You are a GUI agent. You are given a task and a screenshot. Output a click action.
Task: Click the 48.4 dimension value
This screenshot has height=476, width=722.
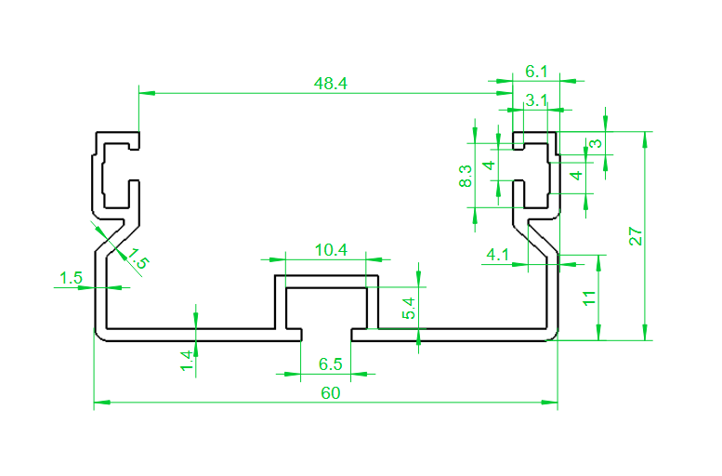click(x=330, y=84)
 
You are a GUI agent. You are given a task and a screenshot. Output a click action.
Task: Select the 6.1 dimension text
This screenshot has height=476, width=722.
click(x=536, y=72)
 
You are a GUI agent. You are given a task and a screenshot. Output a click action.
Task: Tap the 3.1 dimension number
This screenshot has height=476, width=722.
click(x=536, y=100)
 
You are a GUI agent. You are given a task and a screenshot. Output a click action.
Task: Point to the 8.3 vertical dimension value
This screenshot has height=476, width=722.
click(x=466, y=176)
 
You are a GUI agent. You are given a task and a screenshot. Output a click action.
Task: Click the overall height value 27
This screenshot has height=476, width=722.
click(x=636, y=236)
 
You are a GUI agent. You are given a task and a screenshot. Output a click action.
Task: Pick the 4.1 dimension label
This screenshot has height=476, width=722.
click(x=497, y=255)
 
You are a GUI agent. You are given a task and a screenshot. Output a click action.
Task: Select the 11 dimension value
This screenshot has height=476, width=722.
click(x=589, y=298)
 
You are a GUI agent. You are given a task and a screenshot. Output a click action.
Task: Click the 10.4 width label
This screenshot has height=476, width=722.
click(x=331, y=250)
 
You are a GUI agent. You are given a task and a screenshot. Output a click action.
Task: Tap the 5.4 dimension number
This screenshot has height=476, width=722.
click(x=409, y=309)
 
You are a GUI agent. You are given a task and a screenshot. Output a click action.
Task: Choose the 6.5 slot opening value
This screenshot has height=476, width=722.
click(x=330, y=364)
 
